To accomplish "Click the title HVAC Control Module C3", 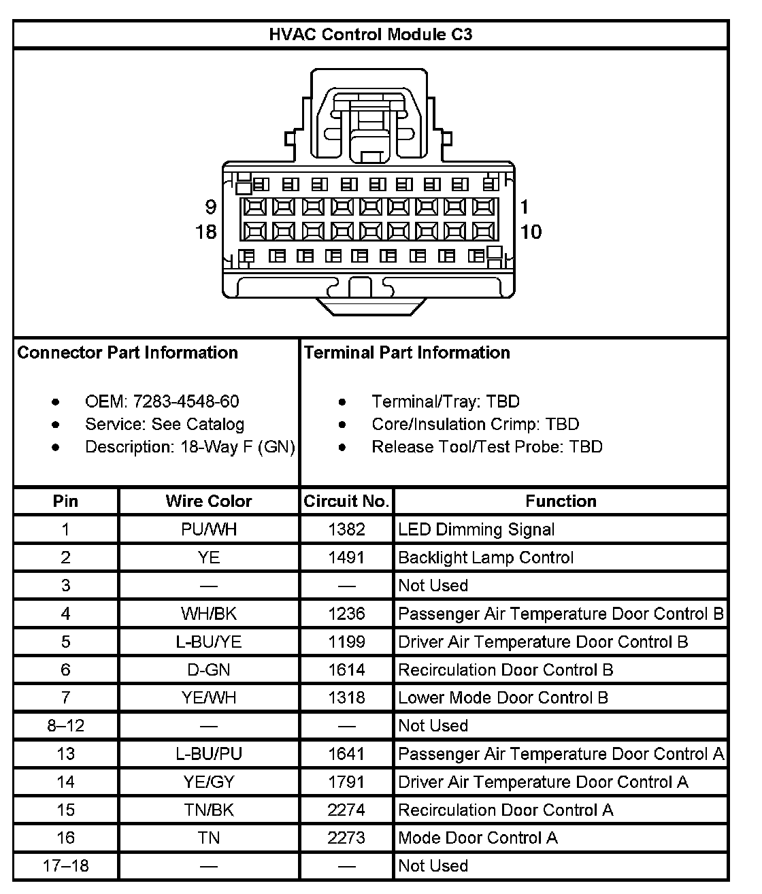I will pos(371,35).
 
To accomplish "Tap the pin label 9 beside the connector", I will pos(211,207).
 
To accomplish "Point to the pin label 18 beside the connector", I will pos(206,232).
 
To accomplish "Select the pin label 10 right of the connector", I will pos(531,232).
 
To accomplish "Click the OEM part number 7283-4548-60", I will pos(186,401).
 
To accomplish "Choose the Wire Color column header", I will pos(208,501).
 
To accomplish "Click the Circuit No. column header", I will pos(346,501).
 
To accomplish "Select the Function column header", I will pos(561,501).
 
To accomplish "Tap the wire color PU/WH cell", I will pos(208,529).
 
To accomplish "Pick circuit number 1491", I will pos(346,558).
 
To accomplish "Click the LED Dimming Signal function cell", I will pos(476,529).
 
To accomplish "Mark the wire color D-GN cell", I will pos(208,670).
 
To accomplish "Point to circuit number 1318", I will pos(346,698).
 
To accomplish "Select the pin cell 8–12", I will pos(65,726).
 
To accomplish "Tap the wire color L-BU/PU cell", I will pos(208,754).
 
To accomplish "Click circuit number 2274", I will pos(346,810).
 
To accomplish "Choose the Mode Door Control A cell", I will pos(478,838).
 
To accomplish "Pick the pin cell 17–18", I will pos(65,866).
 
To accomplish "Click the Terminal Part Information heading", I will pos(407,352).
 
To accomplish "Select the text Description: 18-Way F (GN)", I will pos(190,447).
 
